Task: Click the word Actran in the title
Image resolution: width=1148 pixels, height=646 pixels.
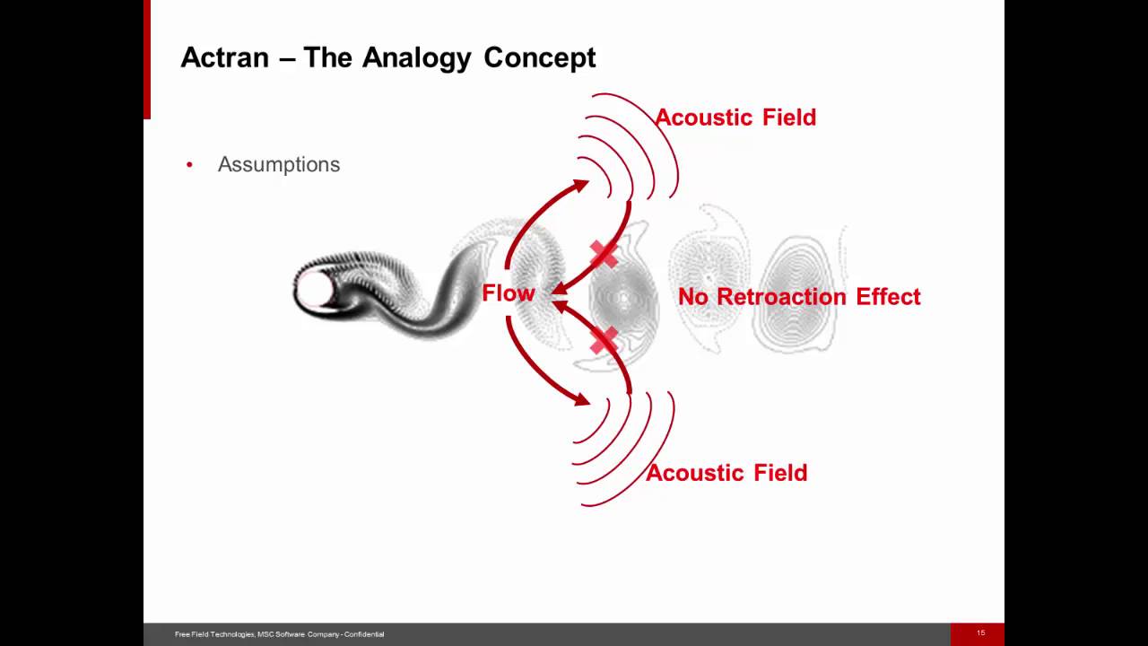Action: (x=224, y=57)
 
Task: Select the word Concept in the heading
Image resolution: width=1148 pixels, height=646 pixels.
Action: (x=539, y=57)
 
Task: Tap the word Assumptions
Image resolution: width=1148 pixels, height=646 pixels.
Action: (x=278, y=165)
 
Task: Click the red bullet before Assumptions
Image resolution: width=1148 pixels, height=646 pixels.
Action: (x=189, y=165)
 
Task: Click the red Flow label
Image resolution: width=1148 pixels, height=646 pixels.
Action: (x=508, y=293)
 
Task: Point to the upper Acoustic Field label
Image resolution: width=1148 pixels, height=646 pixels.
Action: (x=735, y=118)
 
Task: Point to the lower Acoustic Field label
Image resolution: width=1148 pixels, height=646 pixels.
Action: (x=726, y=473)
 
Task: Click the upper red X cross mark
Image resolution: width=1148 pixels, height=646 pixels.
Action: (x=604, y=255)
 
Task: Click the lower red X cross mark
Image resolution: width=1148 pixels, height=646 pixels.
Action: (x=604, y=340)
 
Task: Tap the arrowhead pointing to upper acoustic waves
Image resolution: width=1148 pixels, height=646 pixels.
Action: (x=581, y=186)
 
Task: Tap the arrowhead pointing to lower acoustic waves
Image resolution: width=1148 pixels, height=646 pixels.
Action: (x=581, y=400)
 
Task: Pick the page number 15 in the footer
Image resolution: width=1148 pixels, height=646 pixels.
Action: (x=980, y=633)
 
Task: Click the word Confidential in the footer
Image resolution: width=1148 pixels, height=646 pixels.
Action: (x=365, y=634)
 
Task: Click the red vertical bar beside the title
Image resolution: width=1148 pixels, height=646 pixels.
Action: (x=147, y=59)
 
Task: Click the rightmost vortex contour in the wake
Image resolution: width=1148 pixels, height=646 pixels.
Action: (x=796, y=294)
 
